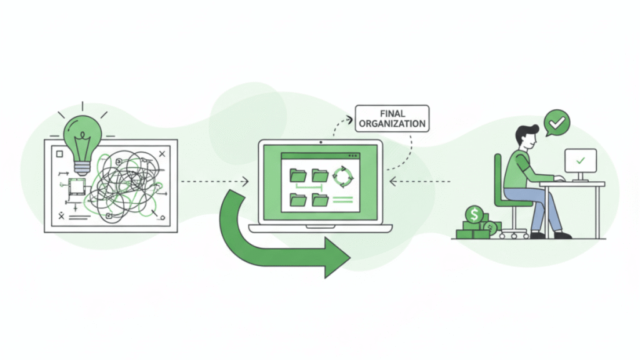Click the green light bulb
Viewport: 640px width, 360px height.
point(82,135)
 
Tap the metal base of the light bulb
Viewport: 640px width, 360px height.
point(82,166)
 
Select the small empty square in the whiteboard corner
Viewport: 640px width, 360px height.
point(59,153)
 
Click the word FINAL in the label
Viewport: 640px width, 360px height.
point(392,114)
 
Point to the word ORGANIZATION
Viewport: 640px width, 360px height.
point(392,124)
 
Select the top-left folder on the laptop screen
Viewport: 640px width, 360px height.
point(298,176)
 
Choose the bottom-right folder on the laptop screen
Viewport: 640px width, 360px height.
point(320,200)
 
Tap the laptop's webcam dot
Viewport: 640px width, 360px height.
point(320,142)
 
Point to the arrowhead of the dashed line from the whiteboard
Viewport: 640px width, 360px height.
point(246,182)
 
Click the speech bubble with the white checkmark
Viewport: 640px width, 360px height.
point(556,122)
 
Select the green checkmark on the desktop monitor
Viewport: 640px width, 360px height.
point(581,161)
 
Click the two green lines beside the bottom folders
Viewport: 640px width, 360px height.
point(342,200)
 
